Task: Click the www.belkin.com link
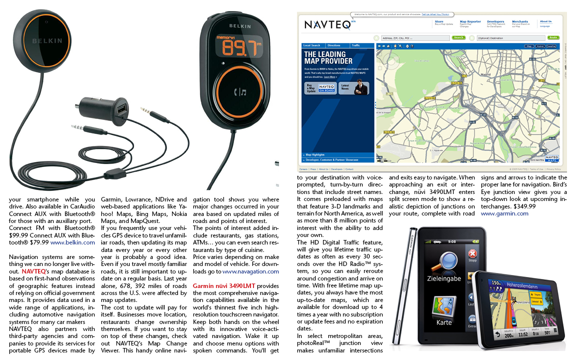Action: tap(72, 242)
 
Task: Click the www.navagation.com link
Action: tap(250, 271)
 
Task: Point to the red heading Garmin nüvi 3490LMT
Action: tap(224, 285)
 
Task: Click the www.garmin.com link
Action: tap(504, 213)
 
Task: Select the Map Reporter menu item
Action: tap(470, 22)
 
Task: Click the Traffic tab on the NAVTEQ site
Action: tap(355, 45)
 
